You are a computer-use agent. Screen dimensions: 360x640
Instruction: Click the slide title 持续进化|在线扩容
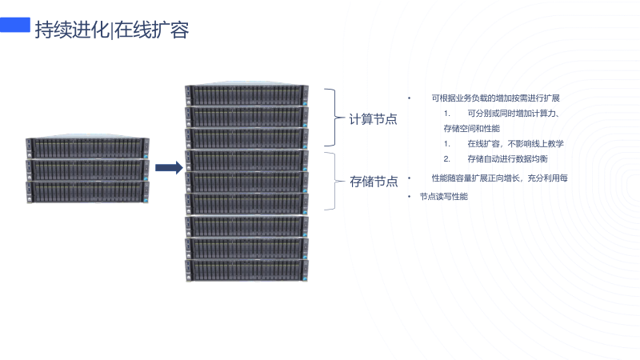pos(111,30)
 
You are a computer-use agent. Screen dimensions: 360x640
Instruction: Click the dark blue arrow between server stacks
pos(169,167)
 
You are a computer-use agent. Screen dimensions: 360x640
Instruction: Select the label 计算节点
pos(374,119)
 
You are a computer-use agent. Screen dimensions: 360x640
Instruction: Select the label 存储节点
pos(374,182)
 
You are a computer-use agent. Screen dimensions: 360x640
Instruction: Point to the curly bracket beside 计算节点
pos(333,118)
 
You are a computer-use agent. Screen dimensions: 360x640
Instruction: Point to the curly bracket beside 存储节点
pos(333,181)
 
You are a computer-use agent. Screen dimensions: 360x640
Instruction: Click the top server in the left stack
pos(87,148)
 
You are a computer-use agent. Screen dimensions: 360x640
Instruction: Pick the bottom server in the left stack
pos(87,191)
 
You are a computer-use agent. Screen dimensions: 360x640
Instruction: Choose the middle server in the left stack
pos(87,170)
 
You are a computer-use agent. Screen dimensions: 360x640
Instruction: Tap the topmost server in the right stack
pos(246,95)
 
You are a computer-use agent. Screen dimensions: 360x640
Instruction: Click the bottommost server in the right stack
pos(246,270)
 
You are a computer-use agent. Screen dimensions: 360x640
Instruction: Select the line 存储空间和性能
pos(471,128)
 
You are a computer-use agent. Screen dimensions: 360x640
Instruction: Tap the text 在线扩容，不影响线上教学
pos(515,143)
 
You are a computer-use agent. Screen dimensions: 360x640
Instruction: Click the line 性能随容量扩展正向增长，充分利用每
pos(499,178)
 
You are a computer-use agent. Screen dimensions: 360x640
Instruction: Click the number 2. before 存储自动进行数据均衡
pos(447,158)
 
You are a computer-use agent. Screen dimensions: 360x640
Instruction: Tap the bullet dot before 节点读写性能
pos(409,196)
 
